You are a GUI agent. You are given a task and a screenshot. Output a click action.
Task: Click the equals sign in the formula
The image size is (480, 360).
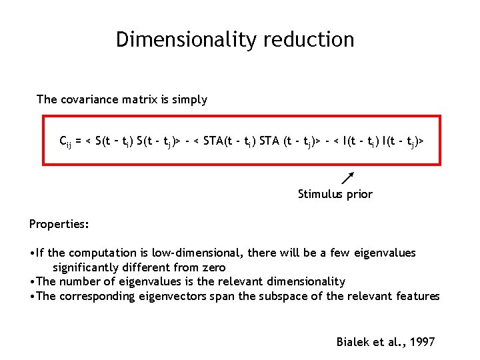tap(78, 141)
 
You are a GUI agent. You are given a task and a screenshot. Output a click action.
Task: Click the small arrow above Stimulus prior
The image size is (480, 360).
tap(347, 177)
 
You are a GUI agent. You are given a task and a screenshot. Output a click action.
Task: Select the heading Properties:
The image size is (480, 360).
tap(59, 224)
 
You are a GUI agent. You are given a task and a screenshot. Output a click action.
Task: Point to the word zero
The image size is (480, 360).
tap(213, 267)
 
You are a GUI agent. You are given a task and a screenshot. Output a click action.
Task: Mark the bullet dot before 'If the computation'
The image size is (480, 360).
tap(32, 253)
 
